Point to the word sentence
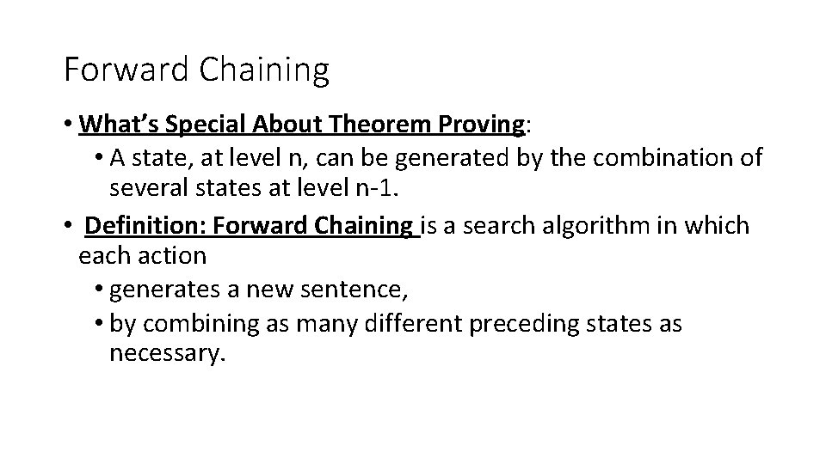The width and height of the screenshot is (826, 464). [x=353, y=290]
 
